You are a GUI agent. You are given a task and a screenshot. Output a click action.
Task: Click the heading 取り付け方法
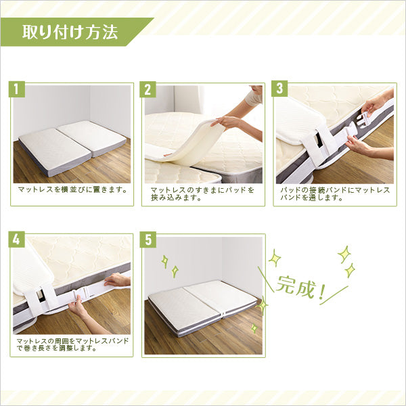[70, 32]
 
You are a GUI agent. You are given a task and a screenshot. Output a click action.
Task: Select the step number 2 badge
[149, 89]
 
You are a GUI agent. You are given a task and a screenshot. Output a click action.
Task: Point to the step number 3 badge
[279, 89]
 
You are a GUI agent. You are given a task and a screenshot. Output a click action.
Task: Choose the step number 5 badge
[149, 240]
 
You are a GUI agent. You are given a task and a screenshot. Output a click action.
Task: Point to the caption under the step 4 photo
[71, 344]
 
